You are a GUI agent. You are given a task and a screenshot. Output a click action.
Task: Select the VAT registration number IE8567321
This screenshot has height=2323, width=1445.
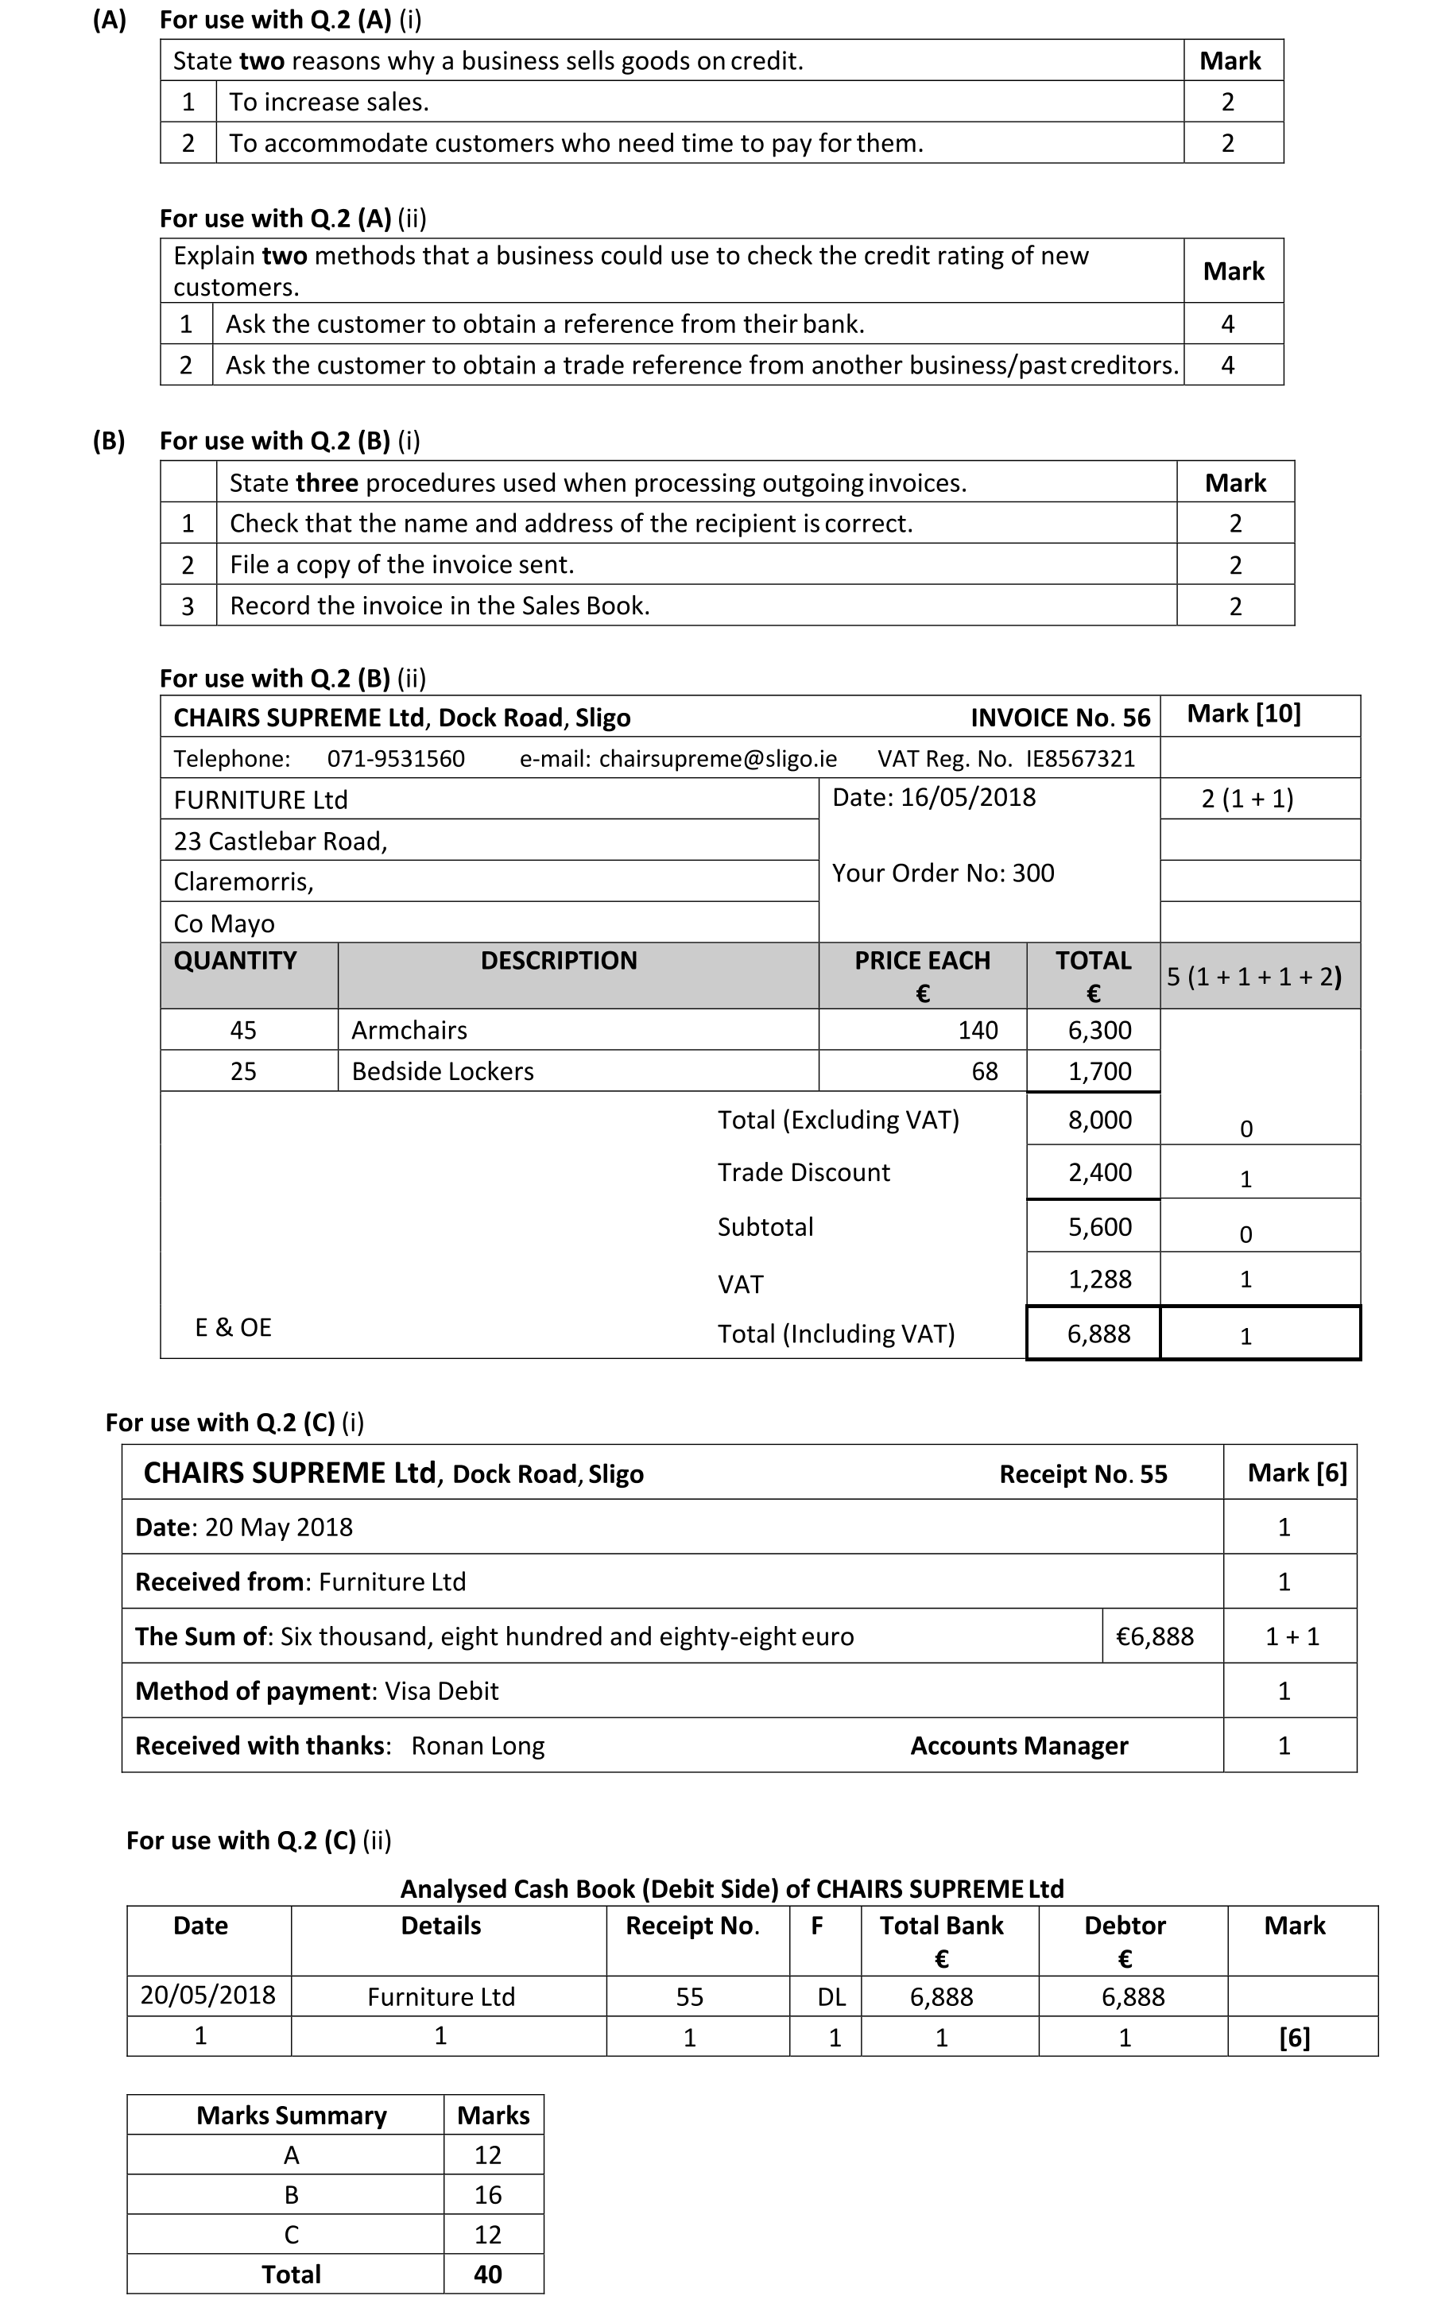1080,759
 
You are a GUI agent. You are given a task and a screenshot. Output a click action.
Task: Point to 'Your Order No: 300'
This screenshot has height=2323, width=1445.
943,873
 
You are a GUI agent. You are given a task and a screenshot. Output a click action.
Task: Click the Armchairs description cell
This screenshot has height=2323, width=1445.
409,1030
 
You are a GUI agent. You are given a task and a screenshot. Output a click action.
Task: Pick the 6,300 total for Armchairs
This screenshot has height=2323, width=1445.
1099,1030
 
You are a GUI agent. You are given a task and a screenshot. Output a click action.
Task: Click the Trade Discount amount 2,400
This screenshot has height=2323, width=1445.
1099,1172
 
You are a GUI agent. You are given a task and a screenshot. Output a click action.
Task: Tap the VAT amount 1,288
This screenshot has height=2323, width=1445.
1099,1280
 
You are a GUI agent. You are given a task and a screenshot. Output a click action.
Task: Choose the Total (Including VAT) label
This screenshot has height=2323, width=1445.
836,1334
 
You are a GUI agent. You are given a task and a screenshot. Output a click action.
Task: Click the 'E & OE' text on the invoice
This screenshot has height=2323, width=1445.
233,1327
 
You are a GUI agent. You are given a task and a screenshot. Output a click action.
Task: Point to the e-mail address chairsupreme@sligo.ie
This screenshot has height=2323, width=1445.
718,759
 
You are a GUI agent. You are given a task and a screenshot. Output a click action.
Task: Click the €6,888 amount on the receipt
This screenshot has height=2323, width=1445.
1154,1637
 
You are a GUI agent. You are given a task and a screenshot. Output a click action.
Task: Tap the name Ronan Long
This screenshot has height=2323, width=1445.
478,1746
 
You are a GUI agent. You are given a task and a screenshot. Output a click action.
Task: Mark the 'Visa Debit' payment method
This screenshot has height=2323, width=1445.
442,1691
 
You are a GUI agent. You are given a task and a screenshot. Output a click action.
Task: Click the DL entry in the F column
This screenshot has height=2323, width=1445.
831,1997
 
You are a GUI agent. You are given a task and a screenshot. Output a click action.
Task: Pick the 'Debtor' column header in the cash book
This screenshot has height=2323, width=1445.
1125,1926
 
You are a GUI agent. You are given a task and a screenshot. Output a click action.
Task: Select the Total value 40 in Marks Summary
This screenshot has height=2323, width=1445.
487,2275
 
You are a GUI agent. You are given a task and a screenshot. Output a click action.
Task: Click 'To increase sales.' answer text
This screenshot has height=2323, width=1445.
329,103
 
